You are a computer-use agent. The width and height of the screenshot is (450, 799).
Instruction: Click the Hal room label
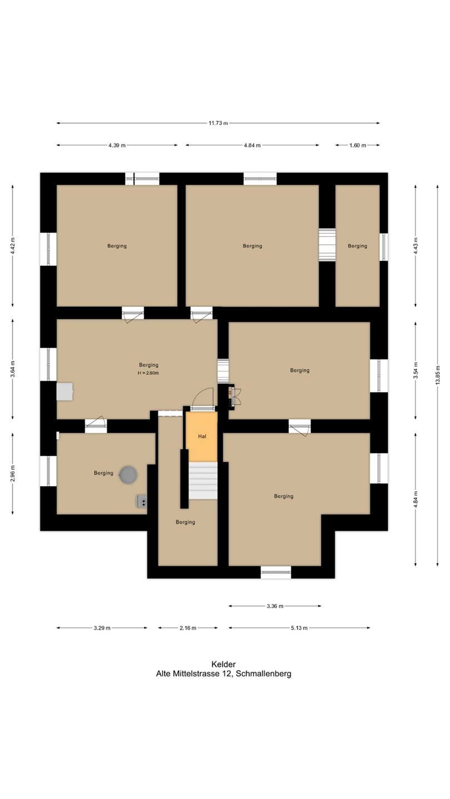tap(202, 436)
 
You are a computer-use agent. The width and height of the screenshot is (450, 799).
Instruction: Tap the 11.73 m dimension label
tap(218, 123)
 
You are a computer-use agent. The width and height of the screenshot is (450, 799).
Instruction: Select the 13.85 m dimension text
tap(438, 375)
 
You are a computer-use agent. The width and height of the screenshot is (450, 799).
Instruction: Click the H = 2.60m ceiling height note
tap(148, 373)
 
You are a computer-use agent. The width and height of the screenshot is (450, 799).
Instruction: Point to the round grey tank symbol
tap(128, 475)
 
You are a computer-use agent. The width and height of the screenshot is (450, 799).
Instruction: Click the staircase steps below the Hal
tap(203, 481)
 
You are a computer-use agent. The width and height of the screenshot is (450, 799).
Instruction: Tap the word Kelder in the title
tap(223, 664)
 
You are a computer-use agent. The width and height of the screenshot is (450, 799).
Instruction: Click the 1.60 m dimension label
tap(358, 145)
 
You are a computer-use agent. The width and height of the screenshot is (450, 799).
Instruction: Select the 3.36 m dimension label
tap(275, 606)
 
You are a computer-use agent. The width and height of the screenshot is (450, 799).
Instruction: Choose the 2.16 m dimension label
tap(188, 628)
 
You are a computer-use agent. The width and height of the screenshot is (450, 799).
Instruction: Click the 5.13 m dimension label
tap(299, 628)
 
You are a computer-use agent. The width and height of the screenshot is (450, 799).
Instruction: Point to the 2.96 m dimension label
tap(13, 474)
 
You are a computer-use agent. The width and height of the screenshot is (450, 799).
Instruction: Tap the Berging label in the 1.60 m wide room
tap(358, 246)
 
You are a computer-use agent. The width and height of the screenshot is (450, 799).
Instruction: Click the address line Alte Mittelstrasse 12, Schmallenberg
tap(223, 674)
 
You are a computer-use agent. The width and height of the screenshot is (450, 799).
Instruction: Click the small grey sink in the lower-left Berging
tap(142, 502)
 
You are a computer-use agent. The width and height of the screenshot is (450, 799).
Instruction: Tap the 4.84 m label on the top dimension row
tap(252, 145)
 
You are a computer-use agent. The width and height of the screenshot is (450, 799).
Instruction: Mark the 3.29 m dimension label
tap(102, 628)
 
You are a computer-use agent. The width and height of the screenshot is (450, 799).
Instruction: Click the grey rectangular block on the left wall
tap(64, 392)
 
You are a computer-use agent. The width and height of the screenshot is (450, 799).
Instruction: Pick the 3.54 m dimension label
tap(416, 370)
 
